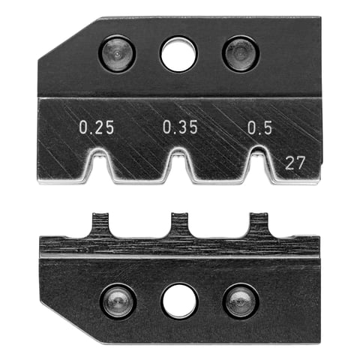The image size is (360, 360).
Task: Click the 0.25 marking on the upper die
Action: click(97, 128)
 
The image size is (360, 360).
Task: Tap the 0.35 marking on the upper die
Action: click(180, 128)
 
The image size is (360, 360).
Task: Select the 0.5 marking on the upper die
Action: click(259, 128)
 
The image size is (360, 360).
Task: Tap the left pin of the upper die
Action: click(118, 53)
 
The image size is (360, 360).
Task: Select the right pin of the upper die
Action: click(240, 53)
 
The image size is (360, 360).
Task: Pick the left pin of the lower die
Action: click(118, 300)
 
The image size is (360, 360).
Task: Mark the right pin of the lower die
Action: click(240, 300)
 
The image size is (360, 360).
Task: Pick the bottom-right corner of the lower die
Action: click(318, 341)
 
